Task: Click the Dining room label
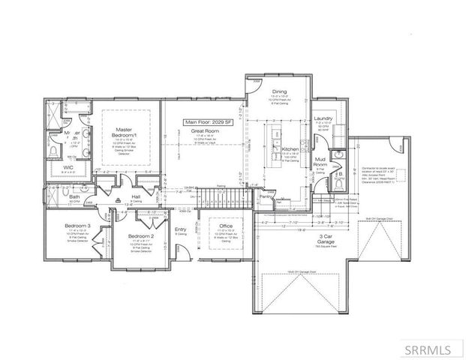pos(280,91)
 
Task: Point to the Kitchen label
pos(290,149)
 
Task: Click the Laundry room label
pos(323,118)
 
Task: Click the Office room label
pos(226,226)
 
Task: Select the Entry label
pos(181,230)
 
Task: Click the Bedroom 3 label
pos(77,226)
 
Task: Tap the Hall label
pos(136,196)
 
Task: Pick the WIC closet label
pos(68,167)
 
